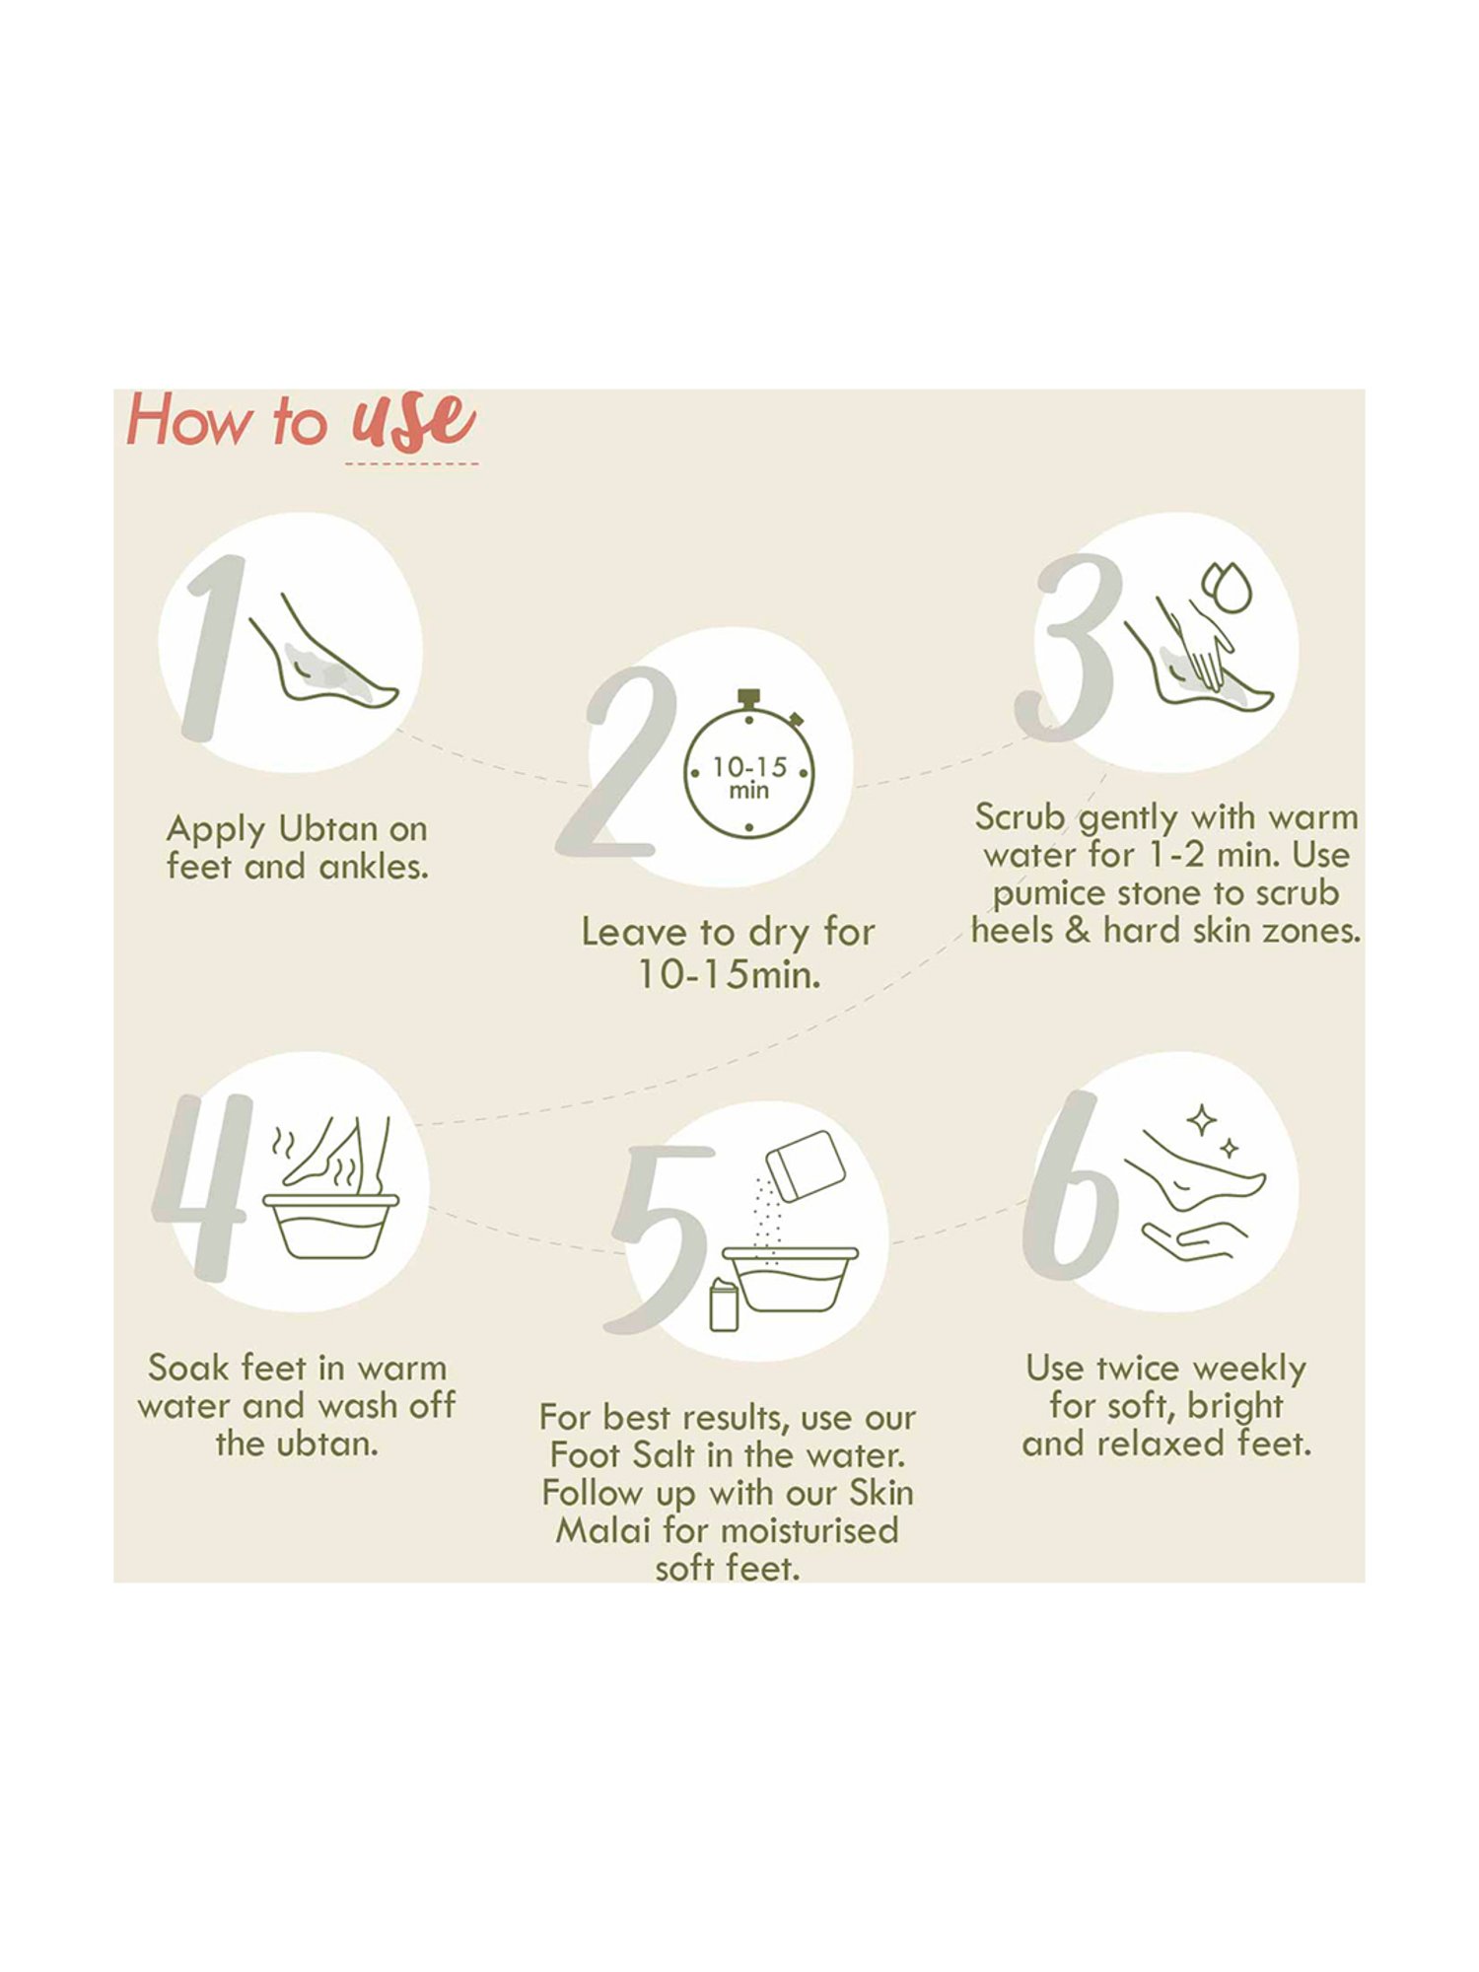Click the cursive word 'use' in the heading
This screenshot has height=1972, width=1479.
point(413,421)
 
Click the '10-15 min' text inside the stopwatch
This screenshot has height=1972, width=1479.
point(749,777)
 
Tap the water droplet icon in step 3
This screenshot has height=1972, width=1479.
point(1229,589)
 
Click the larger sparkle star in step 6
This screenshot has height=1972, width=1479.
point(1201,1120)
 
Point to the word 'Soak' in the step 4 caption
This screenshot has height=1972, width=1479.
point(188,1369)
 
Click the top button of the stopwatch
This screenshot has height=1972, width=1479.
point(749,696)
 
